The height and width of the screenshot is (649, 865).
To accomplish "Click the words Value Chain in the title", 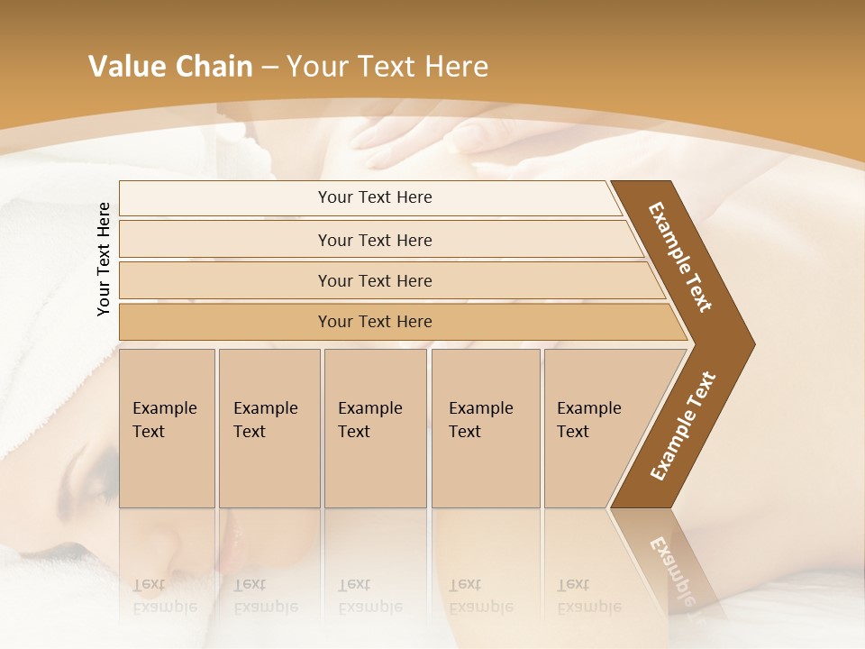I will (x=170, y=67).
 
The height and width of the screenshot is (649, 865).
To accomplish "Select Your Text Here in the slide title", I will (x=387, y=67).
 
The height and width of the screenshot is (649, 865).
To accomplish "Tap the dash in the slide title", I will (x=269, y=68).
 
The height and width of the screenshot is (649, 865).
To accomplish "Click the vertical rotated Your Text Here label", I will (x=105, y=259).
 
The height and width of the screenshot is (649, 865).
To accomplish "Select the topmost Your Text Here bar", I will (x=375, y=197).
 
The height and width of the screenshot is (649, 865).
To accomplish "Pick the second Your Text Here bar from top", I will (x=375, y=240).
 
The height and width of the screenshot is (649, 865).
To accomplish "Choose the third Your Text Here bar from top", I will (x=375, y=280).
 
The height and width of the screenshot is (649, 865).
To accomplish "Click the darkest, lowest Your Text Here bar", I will (x=375, y=322).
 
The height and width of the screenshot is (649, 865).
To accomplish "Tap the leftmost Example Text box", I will (x=167, y=428).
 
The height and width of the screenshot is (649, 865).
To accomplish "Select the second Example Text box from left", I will (x=269, y=428).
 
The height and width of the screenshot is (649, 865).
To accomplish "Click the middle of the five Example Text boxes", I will (x=375, y=428).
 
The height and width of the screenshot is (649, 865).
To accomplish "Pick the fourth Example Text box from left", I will (x=486, y=428).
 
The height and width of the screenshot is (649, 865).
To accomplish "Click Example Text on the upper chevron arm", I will (x=680, y=257).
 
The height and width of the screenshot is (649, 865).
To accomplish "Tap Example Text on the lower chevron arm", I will (x=682, y=426).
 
